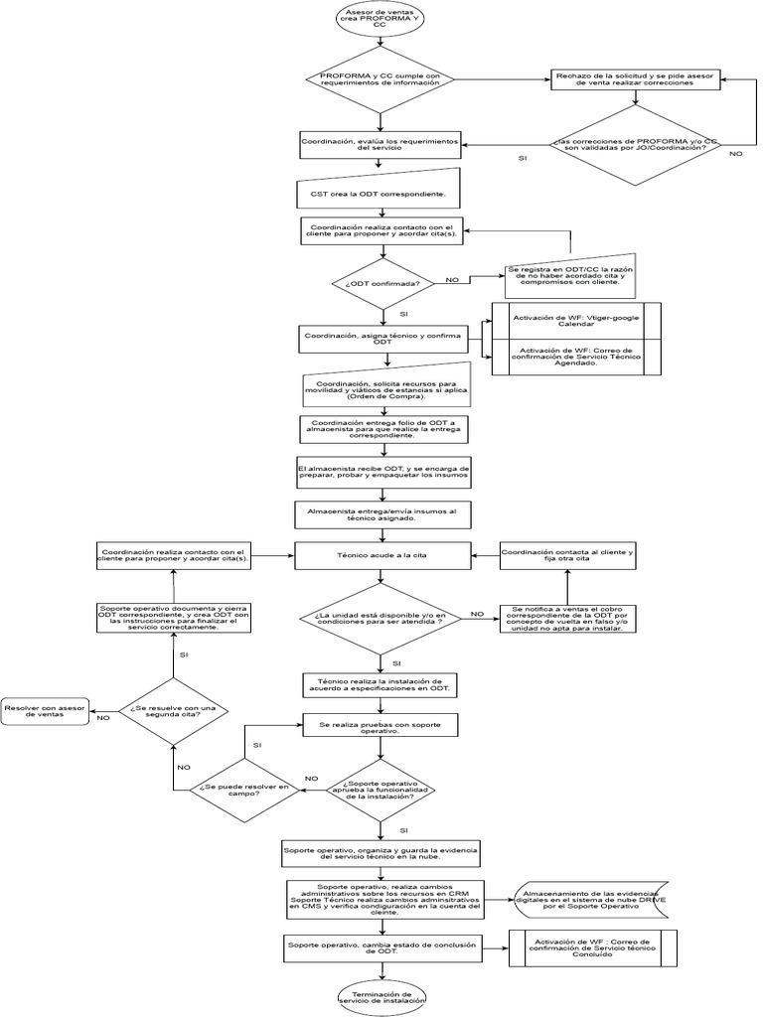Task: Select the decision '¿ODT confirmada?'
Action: (x=382, y=283)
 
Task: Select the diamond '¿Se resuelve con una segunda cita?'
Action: (x=174, y=710)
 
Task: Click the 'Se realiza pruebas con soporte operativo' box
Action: (x=382, y=726)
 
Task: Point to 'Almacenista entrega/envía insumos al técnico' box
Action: (x=382, y=513)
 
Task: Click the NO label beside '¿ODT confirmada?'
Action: (x=453, y=281)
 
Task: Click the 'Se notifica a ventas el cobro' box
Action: (x=567, y=619)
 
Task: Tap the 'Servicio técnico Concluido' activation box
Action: (x=592, y=948)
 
